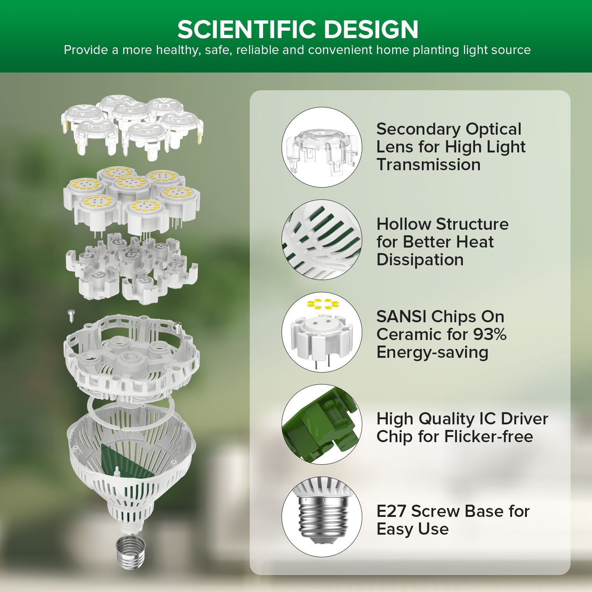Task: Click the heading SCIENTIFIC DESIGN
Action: [298, 30]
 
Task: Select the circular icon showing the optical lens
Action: [322, 147]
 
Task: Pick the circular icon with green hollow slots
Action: [322, 239]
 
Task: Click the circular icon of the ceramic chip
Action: [322, 332]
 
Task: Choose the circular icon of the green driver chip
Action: [322, 424]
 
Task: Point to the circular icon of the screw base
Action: [322, 517]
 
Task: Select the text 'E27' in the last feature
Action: [391, 511]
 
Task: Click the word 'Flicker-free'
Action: [488, 437]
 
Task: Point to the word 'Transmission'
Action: [428, 165]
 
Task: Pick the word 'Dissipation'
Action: [420, 260]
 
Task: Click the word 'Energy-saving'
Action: [432, 352]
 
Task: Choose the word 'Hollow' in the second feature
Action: [404, 224]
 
